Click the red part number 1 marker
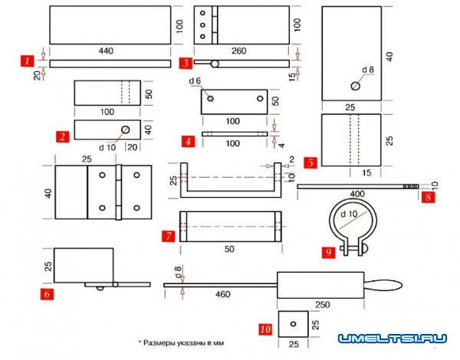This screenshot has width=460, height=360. click(28, 59)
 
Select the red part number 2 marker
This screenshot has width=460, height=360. click(61, 136)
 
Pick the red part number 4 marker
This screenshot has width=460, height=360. click(187, 142)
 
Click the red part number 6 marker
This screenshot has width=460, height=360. click(48, 293)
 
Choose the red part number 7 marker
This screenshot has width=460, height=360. click(166, 236)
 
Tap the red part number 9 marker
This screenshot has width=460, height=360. click(329, 251)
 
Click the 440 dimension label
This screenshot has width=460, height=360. click(106, 51)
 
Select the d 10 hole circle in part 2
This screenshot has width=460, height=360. click(124, 129)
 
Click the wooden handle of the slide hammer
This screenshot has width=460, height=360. click(383, 286)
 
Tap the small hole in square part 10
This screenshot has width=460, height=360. click(294, 323)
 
